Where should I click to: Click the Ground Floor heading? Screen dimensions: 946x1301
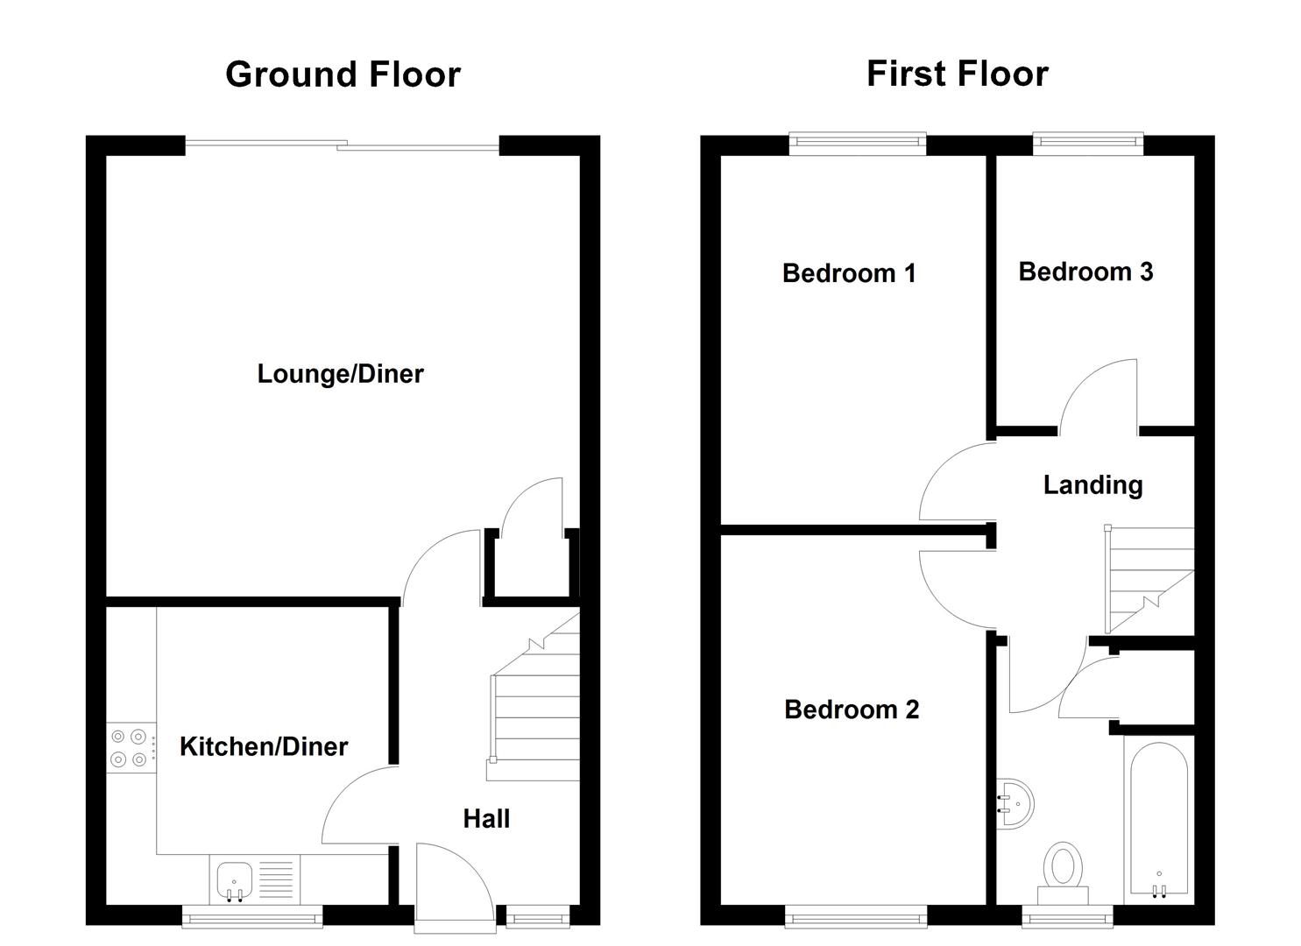(343, 74)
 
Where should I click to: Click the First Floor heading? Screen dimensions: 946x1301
(957, 74)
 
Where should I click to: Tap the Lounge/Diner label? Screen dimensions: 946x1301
(340, 374)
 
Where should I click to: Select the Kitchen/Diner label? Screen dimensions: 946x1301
(264, 746)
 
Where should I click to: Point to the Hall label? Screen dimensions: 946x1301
(486, 819)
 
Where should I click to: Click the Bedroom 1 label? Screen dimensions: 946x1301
(848, 273)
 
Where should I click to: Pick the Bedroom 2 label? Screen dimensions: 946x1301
(852, 709)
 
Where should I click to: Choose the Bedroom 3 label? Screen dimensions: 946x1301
(1085, 272)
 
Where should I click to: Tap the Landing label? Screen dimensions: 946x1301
(1092, 485)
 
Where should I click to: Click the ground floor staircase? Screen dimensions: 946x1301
(534, 709)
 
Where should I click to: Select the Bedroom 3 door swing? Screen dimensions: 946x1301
(1099, 399)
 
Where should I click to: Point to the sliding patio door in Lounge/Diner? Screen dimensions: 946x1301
(342, 145)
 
